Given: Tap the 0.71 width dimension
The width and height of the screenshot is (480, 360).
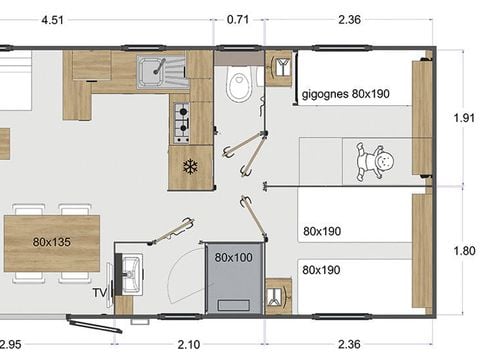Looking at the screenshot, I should click(x=238, y=18).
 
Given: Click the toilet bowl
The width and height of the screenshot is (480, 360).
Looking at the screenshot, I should click(x=237, y=86).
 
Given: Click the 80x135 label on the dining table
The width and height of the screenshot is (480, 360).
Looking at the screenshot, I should click(x=52, y=242).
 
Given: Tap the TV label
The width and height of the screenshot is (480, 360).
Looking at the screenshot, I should click(x=99, y=292).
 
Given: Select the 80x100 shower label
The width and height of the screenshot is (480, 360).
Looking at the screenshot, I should click(x=232, y=257).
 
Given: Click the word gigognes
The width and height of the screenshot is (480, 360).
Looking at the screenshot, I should click(x=321, y=96).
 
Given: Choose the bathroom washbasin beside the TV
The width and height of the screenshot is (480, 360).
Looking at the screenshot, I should click(x=129, y=271).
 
